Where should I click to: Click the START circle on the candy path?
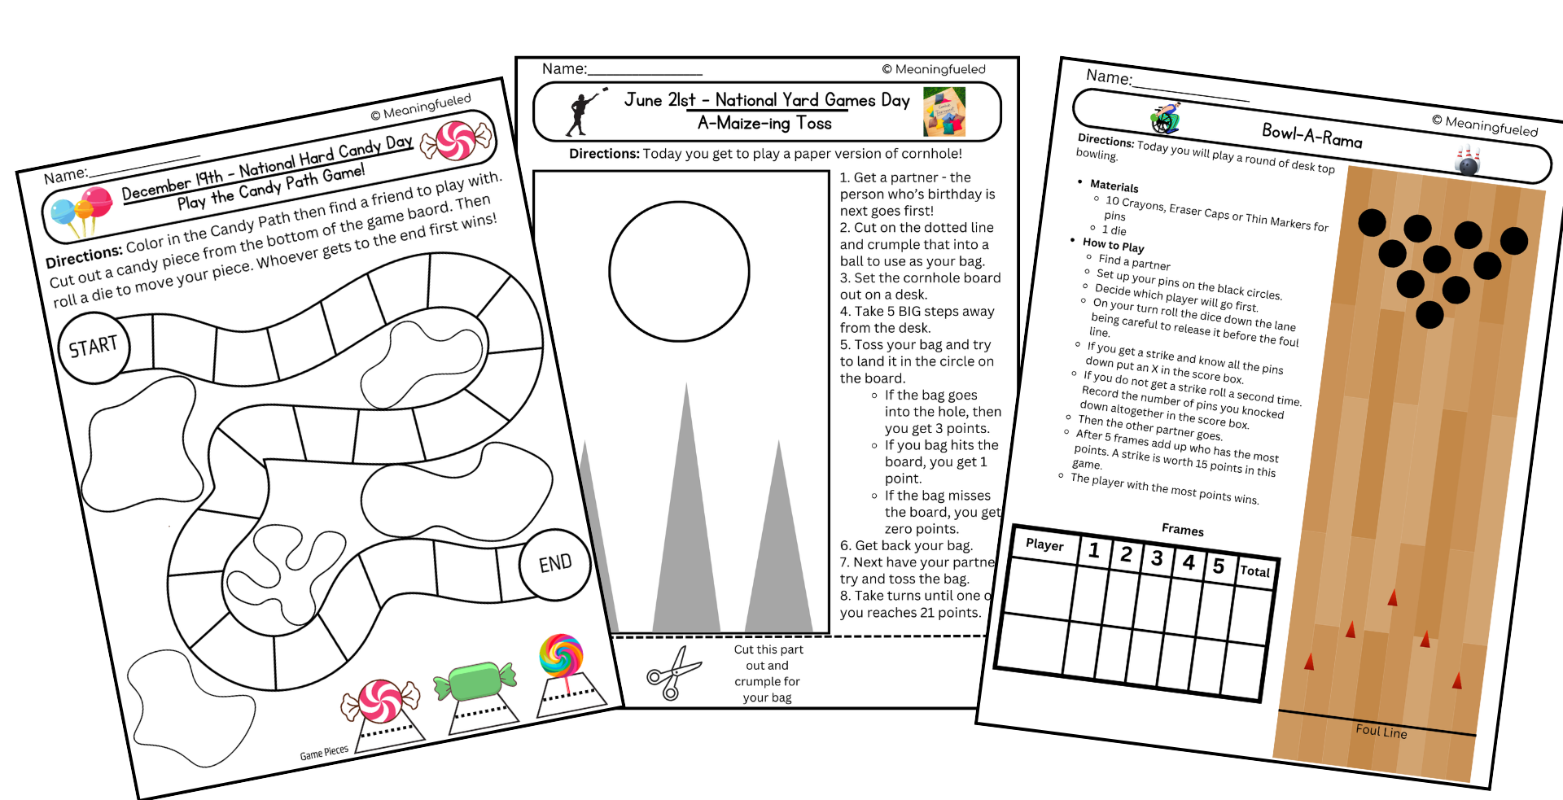pos(94,348)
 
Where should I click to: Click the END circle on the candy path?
pos(555,563)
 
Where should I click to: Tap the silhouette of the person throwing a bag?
pos(581,114)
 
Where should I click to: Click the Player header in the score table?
pos(1044,544)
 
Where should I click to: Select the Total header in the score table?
pos(1254,571)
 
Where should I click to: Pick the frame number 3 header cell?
pos(1157,558)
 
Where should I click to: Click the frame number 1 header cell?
pos(1094,551)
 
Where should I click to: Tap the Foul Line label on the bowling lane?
pos(1381,731)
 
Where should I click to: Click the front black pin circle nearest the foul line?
pos(1429,315)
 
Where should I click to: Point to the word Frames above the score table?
pos(1182,530)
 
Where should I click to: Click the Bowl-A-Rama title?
pos(1311,135)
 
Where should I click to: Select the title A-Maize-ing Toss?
pos(764,124)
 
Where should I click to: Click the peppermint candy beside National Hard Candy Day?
pos(457,140)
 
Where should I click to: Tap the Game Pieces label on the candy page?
pos(324,753)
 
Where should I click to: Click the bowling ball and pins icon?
pos(1468,160)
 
